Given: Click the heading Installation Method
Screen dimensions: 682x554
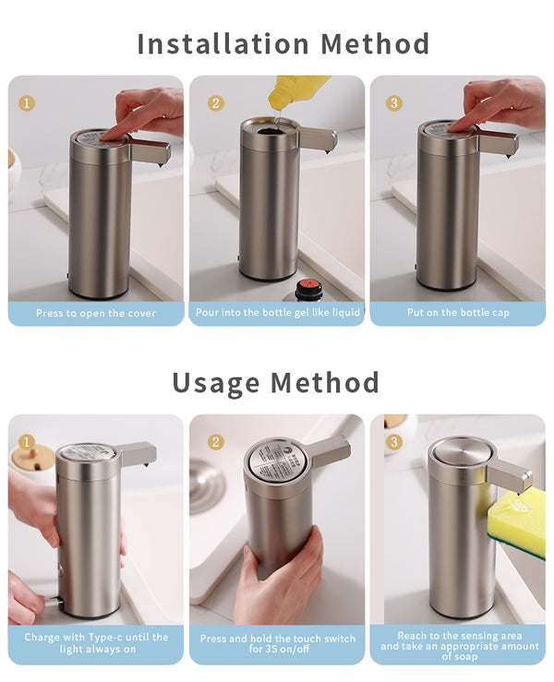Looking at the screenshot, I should (x=283, y=43).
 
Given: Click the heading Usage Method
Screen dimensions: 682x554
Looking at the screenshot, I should (x=276, y=382).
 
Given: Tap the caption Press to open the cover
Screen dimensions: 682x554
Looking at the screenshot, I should (x=96, y=313).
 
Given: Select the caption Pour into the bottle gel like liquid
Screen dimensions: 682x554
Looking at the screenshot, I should (x=277, y=313).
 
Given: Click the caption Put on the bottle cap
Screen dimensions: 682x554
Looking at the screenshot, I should (x=457, y=313).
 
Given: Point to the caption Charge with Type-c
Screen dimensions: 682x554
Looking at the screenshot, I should (x=96, y=643).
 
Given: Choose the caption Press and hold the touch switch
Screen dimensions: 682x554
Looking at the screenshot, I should (x=277, y=643).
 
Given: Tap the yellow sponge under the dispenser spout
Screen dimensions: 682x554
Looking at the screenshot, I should (x=526, y=527).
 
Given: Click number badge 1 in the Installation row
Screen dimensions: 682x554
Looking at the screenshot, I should (x=27, y=102).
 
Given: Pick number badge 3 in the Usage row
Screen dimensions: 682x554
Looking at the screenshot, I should (x=394, y=441).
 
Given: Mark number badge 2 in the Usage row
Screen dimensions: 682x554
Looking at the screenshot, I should (x=214, y=441).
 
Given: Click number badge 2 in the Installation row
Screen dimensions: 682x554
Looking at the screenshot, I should (x=215, y=102).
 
